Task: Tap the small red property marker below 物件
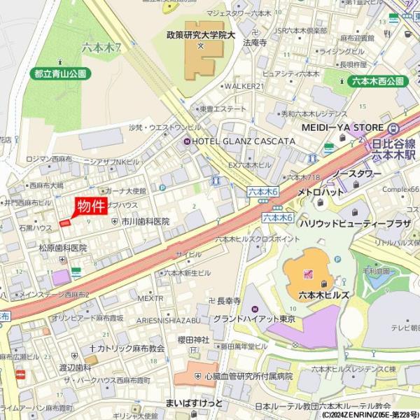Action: pyautogui.click(x=65, y=223)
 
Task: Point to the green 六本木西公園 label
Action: pyautogui.click(x=376, y=81)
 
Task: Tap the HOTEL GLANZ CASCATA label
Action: pyautogui.click(x=239, y=141)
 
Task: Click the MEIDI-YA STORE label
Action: pyautogui.click(x=342, y=127)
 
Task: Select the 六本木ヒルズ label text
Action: pyautogui.click(x=323, y=295)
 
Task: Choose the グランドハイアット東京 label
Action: pyautogui.click(x=254, y=319)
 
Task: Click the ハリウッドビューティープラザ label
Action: pyautogui.click(x=355, y=223)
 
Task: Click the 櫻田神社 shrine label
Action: pyautogui.click(x=194, y=339)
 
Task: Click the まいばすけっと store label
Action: pyautogui.click(x=194, y=404)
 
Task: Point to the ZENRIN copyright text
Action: pyautogui.click(x=370, y=414)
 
